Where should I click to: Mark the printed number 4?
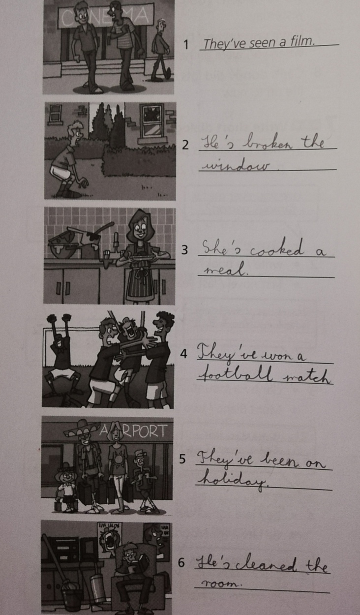183,354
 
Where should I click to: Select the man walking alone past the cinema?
160,51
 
